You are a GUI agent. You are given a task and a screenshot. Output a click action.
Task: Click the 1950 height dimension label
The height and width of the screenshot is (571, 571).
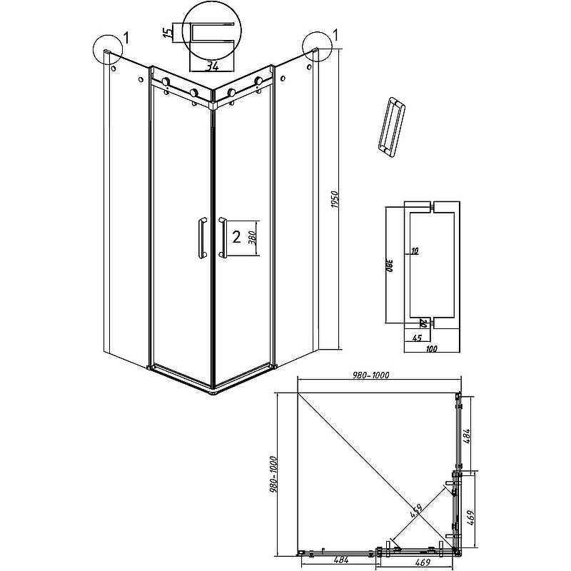tap(335, 200)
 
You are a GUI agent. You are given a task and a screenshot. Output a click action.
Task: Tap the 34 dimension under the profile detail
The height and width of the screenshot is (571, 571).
tap(213, 66)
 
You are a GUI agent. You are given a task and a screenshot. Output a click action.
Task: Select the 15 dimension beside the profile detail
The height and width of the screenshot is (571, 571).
tap(168, 32)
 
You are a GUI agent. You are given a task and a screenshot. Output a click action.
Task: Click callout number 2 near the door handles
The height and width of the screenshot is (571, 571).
tap(236, 238)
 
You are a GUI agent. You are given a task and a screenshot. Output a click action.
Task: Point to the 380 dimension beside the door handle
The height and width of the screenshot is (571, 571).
tap(254, 238)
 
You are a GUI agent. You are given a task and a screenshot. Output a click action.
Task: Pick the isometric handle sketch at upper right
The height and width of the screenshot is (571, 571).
tap(392, 128)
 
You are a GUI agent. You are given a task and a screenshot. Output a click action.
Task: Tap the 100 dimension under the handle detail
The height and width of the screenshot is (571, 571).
tap(431, 348)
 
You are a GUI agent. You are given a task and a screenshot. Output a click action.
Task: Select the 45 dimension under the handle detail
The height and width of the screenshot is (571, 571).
tap(417, 338)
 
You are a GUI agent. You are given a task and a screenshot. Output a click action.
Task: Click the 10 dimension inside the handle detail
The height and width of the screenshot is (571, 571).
tap(415, 251)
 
